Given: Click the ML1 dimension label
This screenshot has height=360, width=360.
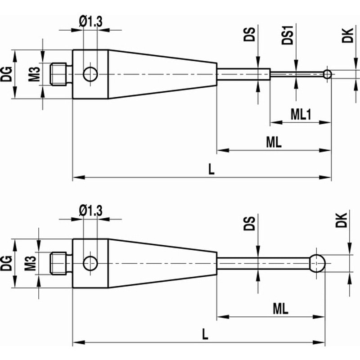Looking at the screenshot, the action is pos(301,114).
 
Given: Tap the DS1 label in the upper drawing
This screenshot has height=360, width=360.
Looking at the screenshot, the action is pos(288,35).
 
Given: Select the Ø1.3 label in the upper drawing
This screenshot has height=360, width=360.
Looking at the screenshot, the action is pos(90,22).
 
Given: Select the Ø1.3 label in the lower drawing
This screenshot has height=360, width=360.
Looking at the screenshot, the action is pos(90,211).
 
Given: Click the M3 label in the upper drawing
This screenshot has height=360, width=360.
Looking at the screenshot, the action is pos(34,74).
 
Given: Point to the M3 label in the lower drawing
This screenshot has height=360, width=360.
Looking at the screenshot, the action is pos(31,263).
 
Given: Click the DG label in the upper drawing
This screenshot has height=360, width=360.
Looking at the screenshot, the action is pos(6,74).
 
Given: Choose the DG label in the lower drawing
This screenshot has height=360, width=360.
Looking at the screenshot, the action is pos(6,263).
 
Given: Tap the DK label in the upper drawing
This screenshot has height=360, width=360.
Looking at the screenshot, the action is pos(347,36).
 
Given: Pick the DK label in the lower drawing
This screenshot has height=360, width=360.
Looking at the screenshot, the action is pos(341,220).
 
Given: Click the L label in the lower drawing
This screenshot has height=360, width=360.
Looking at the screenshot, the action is pos(205,334).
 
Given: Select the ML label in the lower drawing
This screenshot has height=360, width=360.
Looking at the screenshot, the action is pos(280,309).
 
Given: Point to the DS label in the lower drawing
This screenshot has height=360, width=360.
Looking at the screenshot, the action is pos(249,223).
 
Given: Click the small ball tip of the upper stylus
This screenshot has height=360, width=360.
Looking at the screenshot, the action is pos(328,74).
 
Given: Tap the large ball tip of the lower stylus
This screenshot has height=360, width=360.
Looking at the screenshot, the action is pos(317,263).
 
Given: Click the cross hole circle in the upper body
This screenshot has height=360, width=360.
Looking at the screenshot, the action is pos(90,74).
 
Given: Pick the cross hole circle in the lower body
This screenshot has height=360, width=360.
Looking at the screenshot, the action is pos(90,263).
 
